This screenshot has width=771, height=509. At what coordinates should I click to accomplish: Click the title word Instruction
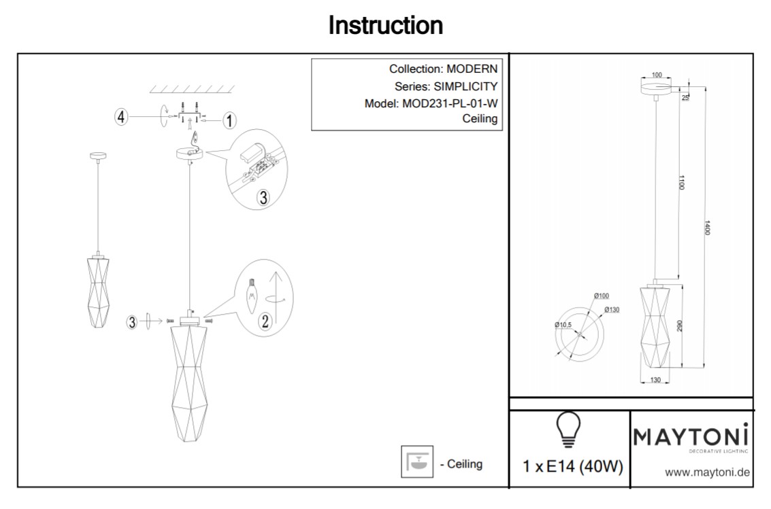(x=385, y=26)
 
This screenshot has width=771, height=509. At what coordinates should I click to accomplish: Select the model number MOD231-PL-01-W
(x=446, y=104)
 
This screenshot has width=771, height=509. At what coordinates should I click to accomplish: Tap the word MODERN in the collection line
(x=472, y=69)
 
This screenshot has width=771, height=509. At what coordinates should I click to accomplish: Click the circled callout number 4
(x=121, y=118)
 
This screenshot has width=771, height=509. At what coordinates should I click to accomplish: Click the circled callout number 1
(x=229, y=120)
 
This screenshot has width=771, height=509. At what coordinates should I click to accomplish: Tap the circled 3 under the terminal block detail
(x=263, y=197)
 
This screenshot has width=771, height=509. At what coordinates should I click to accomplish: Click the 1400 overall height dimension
(x=708, y=228)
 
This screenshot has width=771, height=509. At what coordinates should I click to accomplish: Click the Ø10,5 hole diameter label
(x=563, y=325)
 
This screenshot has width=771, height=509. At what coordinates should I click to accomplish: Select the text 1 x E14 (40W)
(x=572, y=468)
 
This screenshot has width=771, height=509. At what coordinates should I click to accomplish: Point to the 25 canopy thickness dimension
(x=686, y=96)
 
